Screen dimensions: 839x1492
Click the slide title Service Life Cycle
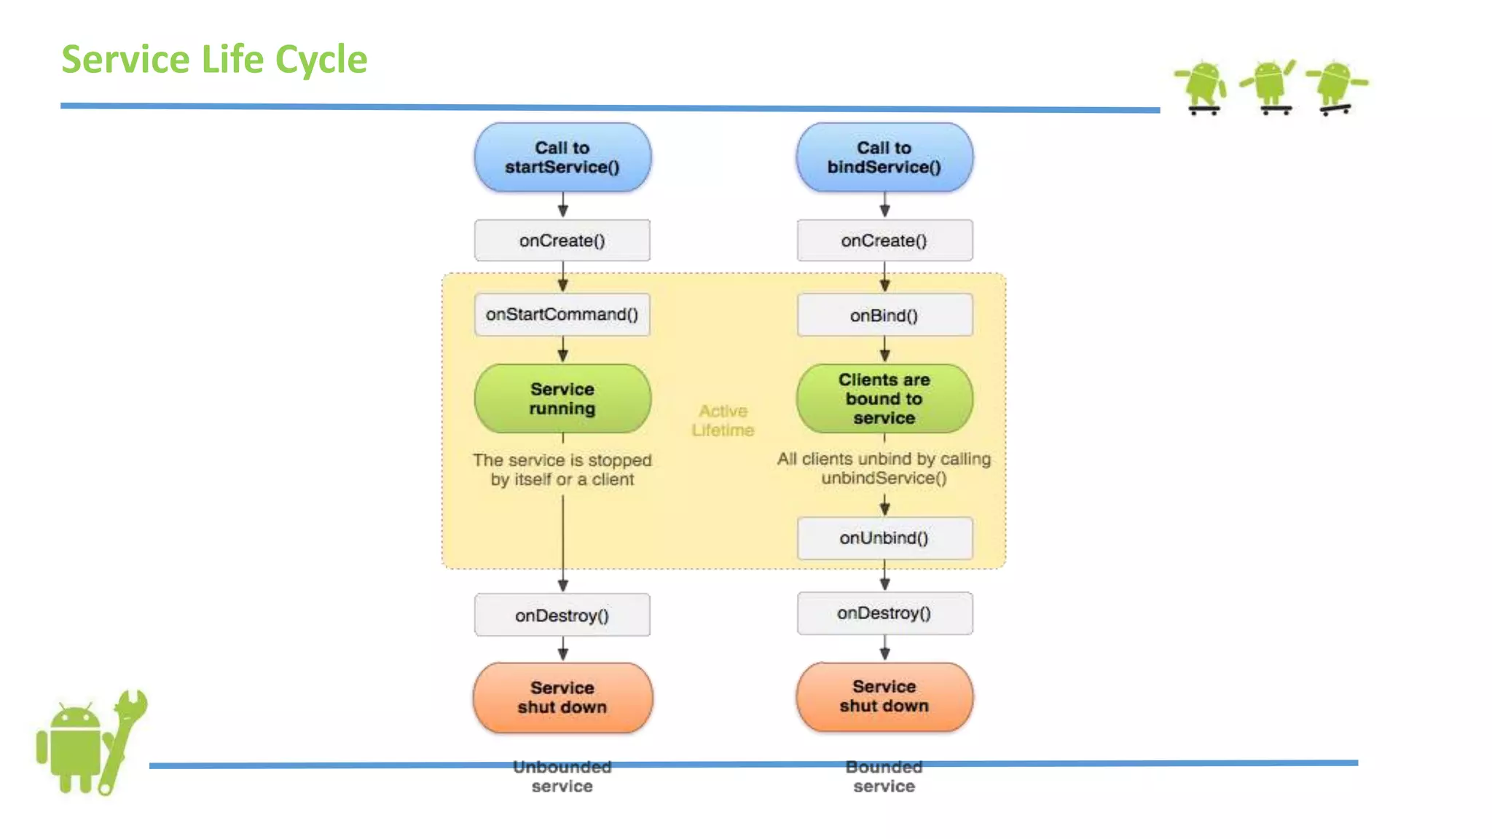[x=214, y=60]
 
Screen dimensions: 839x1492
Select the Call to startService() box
[x=562, y=157]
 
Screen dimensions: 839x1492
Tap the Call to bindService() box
[x=884, y=157]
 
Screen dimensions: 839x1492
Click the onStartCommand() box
[x=562, y=314]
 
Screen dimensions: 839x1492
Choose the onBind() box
[x=884, y=315]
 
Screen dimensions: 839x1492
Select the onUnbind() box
[x=884, y=538]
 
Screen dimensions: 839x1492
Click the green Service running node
[x=562, y=398]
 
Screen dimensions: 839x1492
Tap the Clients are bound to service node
[x=884, y=398]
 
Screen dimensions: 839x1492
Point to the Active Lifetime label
[x=723, y=420]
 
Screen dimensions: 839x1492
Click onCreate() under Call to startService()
[x=562, y=240]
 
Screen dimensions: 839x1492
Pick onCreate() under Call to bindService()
[x=884, y=240]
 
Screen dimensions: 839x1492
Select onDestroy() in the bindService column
[x=884, y=613]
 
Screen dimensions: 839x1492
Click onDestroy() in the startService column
[x=562, y=615]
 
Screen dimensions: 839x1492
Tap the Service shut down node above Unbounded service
[x=562, y=697]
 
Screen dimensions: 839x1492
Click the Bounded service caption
[x=884, y=776]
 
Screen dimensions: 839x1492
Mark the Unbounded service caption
[x=562, y=776]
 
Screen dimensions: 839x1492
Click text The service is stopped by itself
[x=562, y=470]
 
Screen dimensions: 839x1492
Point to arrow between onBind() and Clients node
[x=884, y=350]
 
